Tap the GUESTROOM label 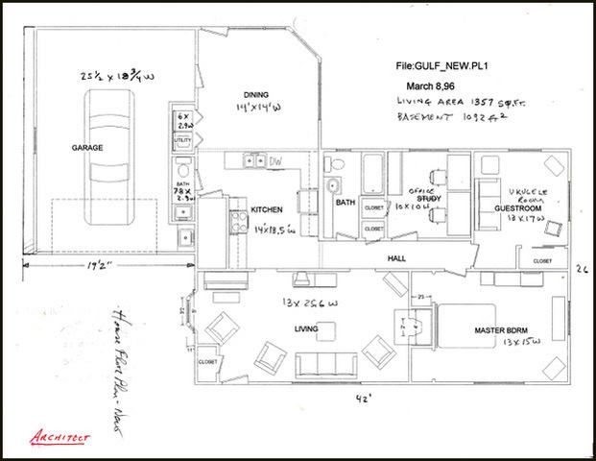518,207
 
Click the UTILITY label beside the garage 182,141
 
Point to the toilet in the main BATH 335,187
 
